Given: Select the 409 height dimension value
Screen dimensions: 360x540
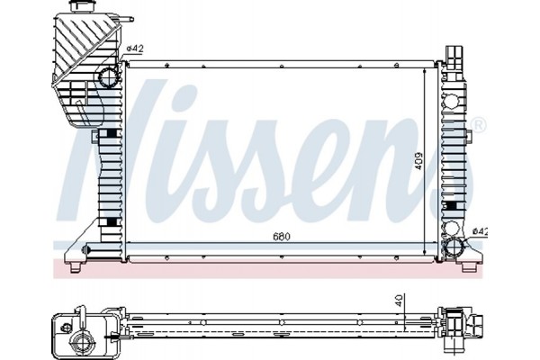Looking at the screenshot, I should [x=418, y=162].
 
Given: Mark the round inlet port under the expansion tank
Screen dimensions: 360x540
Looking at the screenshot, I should [x=108, y=74].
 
